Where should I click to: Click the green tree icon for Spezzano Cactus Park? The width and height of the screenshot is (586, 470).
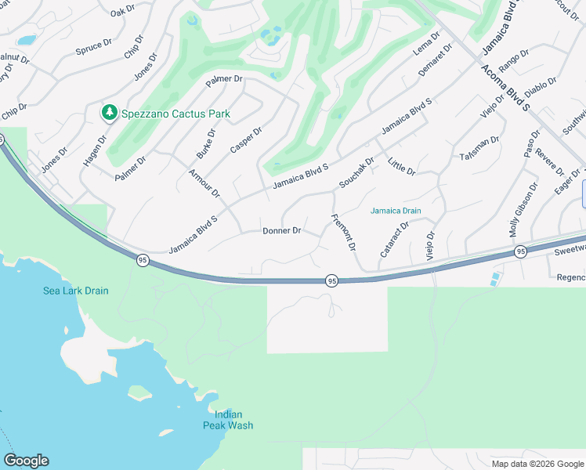click(109, 114)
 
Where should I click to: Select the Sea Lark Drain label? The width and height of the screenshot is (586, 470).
click(75, 291)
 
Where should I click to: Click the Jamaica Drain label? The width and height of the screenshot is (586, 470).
click(396, 211)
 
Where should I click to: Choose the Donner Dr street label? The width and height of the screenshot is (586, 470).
click(282, 230)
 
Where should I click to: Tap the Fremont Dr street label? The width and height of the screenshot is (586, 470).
click(344, 233)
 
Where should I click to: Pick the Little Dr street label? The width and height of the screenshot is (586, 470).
click(401, 166)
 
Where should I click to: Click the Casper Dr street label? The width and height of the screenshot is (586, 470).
click(246, 139)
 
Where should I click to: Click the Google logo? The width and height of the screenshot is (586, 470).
click(26, 461)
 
